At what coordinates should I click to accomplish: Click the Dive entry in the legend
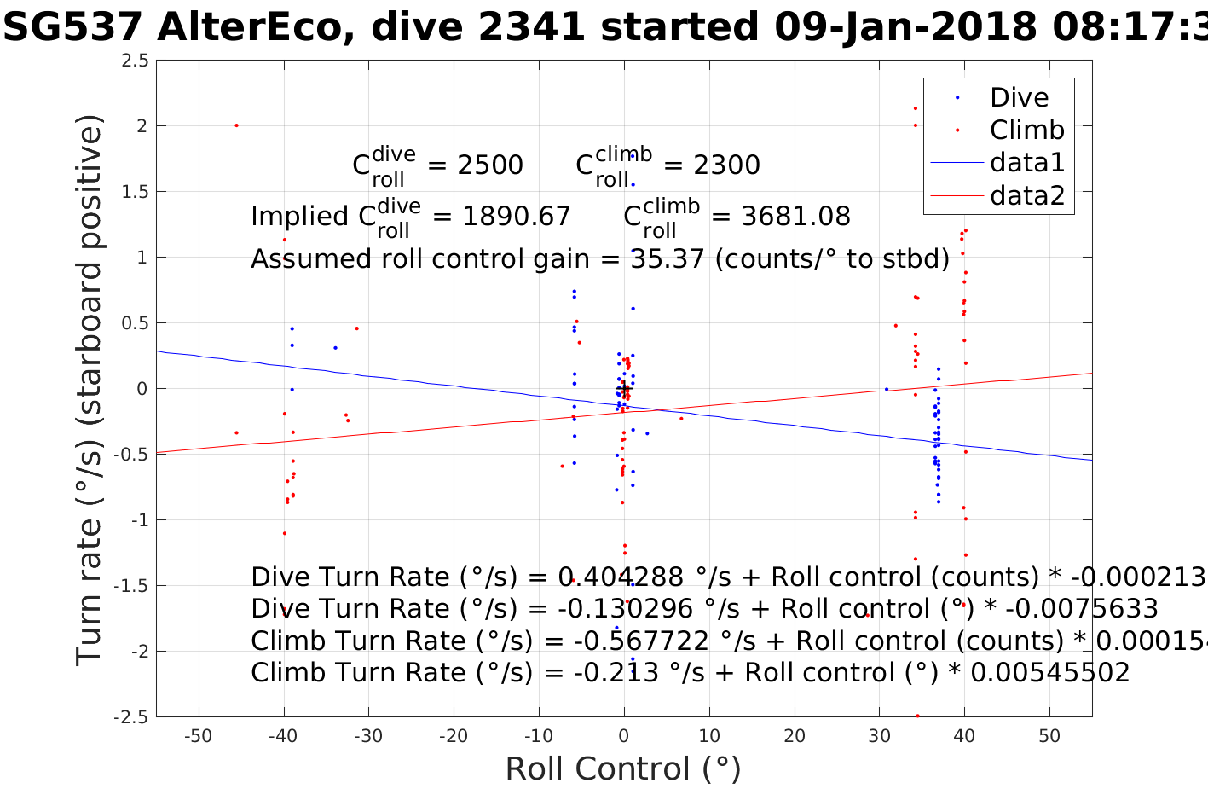[x=1019, y=98]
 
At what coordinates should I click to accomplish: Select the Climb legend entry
[x=1026, y=130]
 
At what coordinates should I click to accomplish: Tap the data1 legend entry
[x=1026, y=163]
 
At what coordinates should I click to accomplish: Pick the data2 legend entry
[x=1026, y=196]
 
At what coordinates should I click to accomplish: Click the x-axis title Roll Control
[x=623, y=769]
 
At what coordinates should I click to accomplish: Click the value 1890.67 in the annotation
[x=516, y=217]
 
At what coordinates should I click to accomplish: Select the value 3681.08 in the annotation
[x=795, y=217]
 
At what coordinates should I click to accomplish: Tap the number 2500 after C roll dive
[x=490, y=165]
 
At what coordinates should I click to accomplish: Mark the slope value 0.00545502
[x=1050, y=673]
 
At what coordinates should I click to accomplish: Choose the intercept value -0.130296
[x=607, y=609]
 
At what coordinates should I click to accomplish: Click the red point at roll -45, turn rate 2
[x=236, y=125]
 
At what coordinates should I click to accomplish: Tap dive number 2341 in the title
[x=532, y=27]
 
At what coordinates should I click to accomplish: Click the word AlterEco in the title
[x=249, y=27]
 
